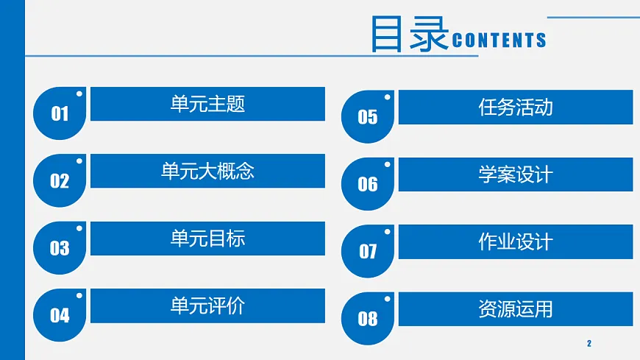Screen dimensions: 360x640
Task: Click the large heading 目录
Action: pyautogui.click(x=409, y=34)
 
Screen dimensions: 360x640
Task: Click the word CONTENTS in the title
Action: pyautogui.click(x=499, y=40)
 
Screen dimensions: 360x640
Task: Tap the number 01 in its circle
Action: pyautogui.click(x=60, y=113)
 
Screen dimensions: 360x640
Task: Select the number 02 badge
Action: pyautogui.click(x=60, y=181)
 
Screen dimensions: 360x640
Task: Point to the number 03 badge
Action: pyautogui.click(x=60, y=248)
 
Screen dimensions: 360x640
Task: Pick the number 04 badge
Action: pyautogui.click(x=60, y=316)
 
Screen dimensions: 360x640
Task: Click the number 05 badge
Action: pyautogui.click(x=368, y=117)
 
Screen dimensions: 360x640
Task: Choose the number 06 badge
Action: pyautogui.click(x=368, y=184)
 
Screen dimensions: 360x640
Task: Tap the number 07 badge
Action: pyautogui.click(x=368, y=252)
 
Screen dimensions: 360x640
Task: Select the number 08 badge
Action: pyautogui.click(x=368, y=319)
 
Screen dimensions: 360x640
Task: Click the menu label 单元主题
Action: pyautogui.click(x=207, y=104)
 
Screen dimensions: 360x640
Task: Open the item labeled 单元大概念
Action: pyautogui.click(x=207, y=172)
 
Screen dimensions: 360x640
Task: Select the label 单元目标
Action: pyautogui.click(x=207, y=239)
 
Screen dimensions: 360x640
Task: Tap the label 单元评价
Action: pyautogui.click(x=207, y=306)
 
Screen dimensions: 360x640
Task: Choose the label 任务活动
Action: pyautogui.click(x=515, y=107)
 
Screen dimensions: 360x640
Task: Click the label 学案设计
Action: pyautogui.click(x=515, y=174)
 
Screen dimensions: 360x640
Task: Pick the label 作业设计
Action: pyautogui.click(x=515, y=241)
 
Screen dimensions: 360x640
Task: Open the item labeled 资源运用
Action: pyautogui.click(x=515, y=309)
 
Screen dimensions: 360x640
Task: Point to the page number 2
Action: pyautogui.click(x=589, y=344)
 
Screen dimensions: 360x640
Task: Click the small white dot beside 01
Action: pyautogui.click(x=79, y=93)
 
